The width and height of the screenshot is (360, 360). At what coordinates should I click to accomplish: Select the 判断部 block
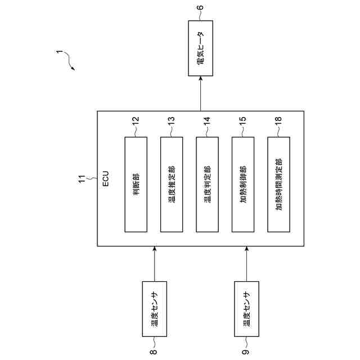pos(136,184)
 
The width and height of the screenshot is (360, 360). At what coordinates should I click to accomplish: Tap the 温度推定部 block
pos(172,184)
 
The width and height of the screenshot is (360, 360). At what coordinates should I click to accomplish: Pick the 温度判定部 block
pos(207,184)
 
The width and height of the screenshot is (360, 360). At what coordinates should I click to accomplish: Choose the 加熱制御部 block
pos(243,184)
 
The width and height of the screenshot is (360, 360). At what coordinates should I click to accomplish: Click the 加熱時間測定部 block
pos(279,184)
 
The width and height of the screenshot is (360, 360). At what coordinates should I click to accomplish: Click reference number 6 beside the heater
pos(200,8)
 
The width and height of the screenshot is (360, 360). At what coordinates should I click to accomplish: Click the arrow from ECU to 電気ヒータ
pos(200,94)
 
